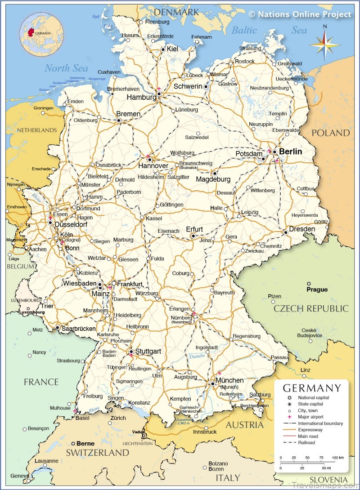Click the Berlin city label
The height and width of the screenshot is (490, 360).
coord(290,152)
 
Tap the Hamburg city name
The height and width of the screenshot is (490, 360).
coord(141,97)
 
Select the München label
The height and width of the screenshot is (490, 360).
coord(229,380)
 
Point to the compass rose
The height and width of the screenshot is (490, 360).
coord(324,43)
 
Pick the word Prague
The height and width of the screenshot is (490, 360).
coord(317,290)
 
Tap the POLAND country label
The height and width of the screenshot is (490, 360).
coord(330,133)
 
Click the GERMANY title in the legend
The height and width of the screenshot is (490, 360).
coord(311,388)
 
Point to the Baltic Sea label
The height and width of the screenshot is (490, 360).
coord(269,30)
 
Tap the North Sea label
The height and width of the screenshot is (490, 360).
coord(66,68)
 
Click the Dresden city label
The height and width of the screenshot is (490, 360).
coord(302,229)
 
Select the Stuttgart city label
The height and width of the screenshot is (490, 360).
coord(148,351)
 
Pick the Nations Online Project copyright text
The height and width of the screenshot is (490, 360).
coord(300,14)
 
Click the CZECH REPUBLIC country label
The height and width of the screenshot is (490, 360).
coord(311,308)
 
